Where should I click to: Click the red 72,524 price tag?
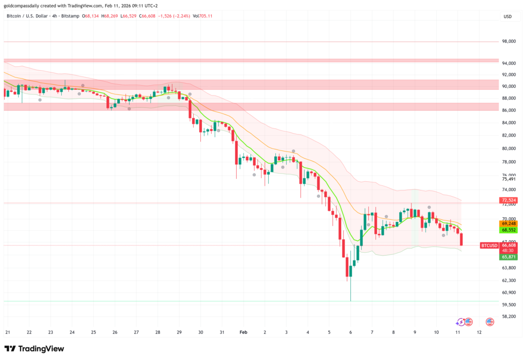(509, 200)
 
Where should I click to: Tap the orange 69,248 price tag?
(509, 224)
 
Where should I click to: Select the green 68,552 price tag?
(509, 230)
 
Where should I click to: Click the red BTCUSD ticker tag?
(489, 245)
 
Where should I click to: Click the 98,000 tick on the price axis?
(509, 42)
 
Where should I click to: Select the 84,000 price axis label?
(509, 123)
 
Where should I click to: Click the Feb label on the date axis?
(243, 332)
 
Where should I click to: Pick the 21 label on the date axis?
(7, 332)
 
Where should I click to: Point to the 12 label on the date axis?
(479, 332)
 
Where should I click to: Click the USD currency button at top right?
(508, 16)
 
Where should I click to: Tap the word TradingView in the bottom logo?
(41, 349)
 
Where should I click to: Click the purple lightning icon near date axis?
(461, 322)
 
